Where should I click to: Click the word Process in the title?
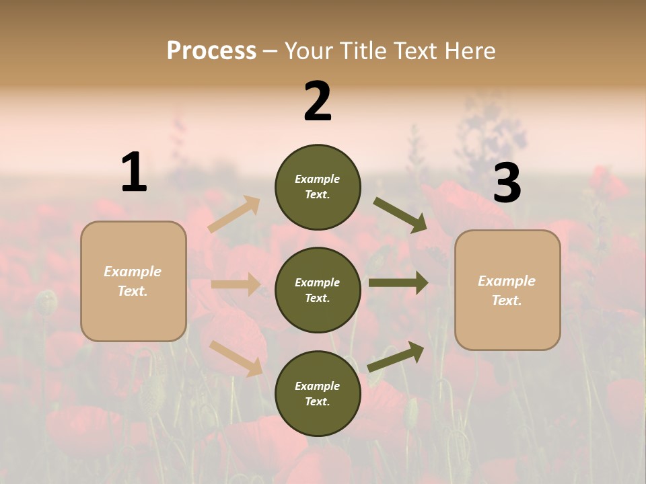(x=211, y=51)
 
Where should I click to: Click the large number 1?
(x=134, y=172)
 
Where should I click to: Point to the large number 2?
(x=318, y=102)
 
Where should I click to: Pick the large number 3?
(x=507, y=184)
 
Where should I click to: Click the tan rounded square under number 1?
(x=133, y=281)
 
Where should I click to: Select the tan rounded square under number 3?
(x=507, y=290)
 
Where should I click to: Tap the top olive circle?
(x=318, y=187)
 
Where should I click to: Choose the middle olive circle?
(x=318, y=290)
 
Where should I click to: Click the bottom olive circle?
(x=318, y=393)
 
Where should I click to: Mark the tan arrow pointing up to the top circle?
(x=234, y=214)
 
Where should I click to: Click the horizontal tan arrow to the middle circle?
(x=236, y=284)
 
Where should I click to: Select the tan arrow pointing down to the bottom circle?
(x=236, y=358)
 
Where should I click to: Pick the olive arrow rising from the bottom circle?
(x=396, y=356)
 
